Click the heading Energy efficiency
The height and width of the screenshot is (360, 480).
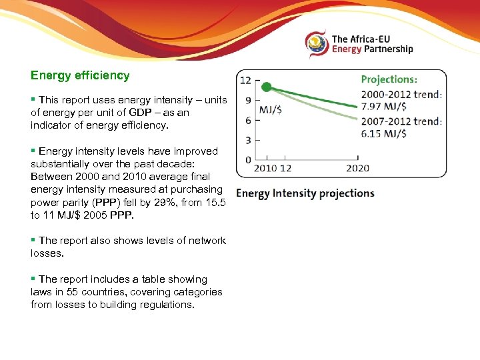click(x=80, y=76)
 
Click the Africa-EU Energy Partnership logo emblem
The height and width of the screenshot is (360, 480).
click(x=317, y=44)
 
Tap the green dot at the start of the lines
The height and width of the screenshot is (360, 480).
click(x=266, y=87)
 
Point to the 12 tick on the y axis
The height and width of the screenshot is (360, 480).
click(x=245, y=81)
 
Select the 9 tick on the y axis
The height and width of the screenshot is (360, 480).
click(x=247, y=101)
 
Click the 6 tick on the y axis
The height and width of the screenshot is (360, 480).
click(x=247, y=121)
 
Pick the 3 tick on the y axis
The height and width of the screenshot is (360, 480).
click(x=247, y=141)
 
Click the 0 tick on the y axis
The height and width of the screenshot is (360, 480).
click(x=247, y=160)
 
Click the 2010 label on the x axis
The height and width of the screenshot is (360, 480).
click(x=265, y=169)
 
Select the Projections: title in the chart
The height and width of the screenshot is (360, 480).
click(x=389, y=79)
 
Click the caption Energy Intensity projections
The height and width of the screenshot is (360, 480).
click(x=305, y=194)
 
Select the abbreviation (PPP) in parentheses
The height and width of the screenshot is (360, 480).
click(x=99, y=202)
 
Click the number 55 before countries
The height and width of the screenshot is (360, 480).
click(x=71, y=292)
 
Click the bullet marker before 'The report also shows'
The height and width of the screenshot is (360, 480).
click(x=33, y=241)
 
